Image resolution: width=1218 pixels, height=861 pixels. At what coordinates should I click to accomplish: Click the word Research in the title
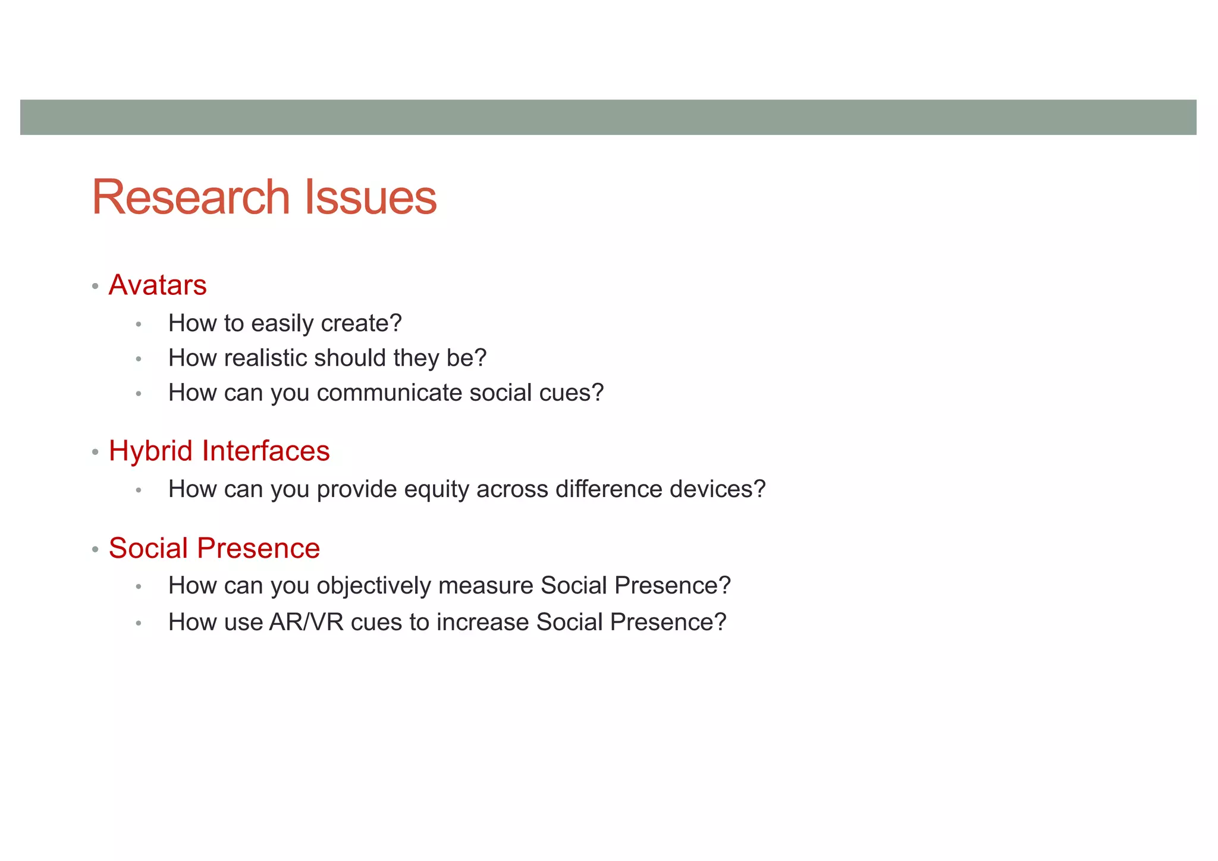pyautogui.click(x=190, y=197)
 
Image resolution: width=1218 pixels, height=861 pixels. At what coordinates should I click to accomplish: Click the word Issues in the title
pyautogui.click(x=371, y=197)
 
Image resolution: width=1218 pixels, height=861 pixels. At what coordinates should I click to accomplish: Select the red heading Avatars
pyautogui.click(x=158, y=285)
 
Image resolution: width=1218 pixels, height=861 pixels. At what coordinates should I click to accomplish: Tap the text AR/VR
pyautogui.click(x=306, y=623)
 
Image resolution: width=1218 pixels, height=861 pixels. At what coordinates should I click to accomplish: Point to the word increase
pyautogui.click(x=482, y=623)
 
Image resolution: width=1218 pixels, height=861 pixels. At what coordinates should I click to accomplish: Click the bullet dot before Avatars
pyautogui.click(x=95, y=287)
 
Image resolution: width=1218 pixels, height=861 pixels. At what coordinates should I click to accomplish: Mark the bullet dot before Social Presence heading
pyautogui.click(x=95, y=549)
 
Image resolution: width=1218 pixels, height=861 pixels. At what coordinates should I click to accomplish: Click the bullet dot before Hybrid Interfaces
pyautogui.click(x=95, y=453)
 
